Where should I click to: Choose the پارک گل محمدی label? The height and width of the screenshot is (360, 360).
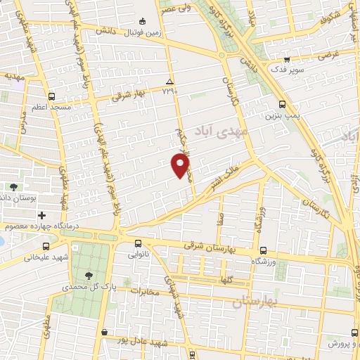(88, 288)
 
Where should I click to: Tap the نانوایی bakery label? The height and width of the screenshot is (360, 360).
(138, 255)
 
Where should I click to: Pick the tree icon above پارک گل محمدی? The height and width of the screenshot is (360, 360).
(89, 276)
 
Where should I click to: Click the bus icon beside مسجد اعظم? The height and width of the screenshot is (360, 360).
(51, 97)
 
